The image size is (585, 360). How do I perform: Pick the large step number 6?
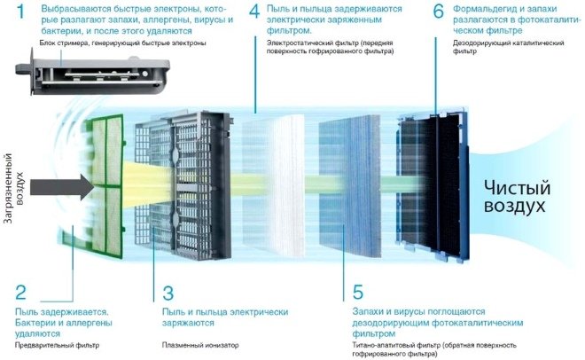point(438,12)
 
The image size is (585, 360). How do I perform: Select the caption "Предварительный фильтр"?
point(58,345)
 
